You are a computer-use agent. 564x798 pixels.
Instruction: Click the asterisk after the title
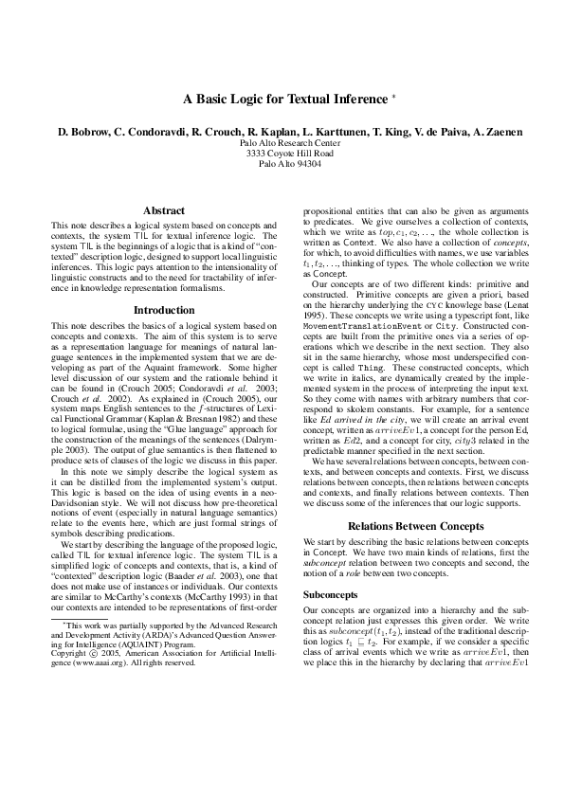click(394, 97)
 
